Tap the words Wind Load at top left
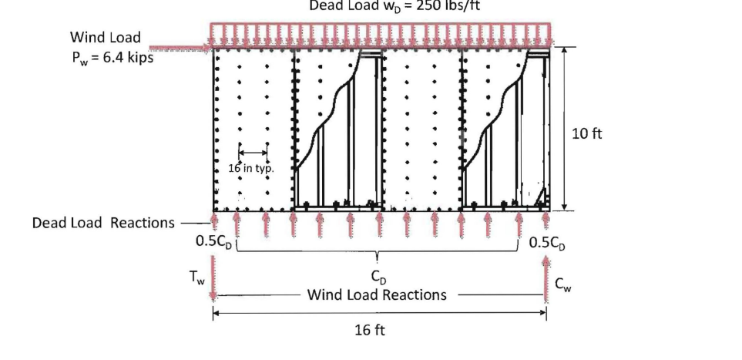click(105, 37)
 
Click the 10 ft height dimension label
click(588, 133)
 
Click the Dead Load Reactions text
click(103, 223)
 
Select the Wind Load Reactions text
click(377, 294)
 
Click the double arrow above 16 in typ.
click(253, 152)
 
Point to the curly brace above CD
click(376, 254)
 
